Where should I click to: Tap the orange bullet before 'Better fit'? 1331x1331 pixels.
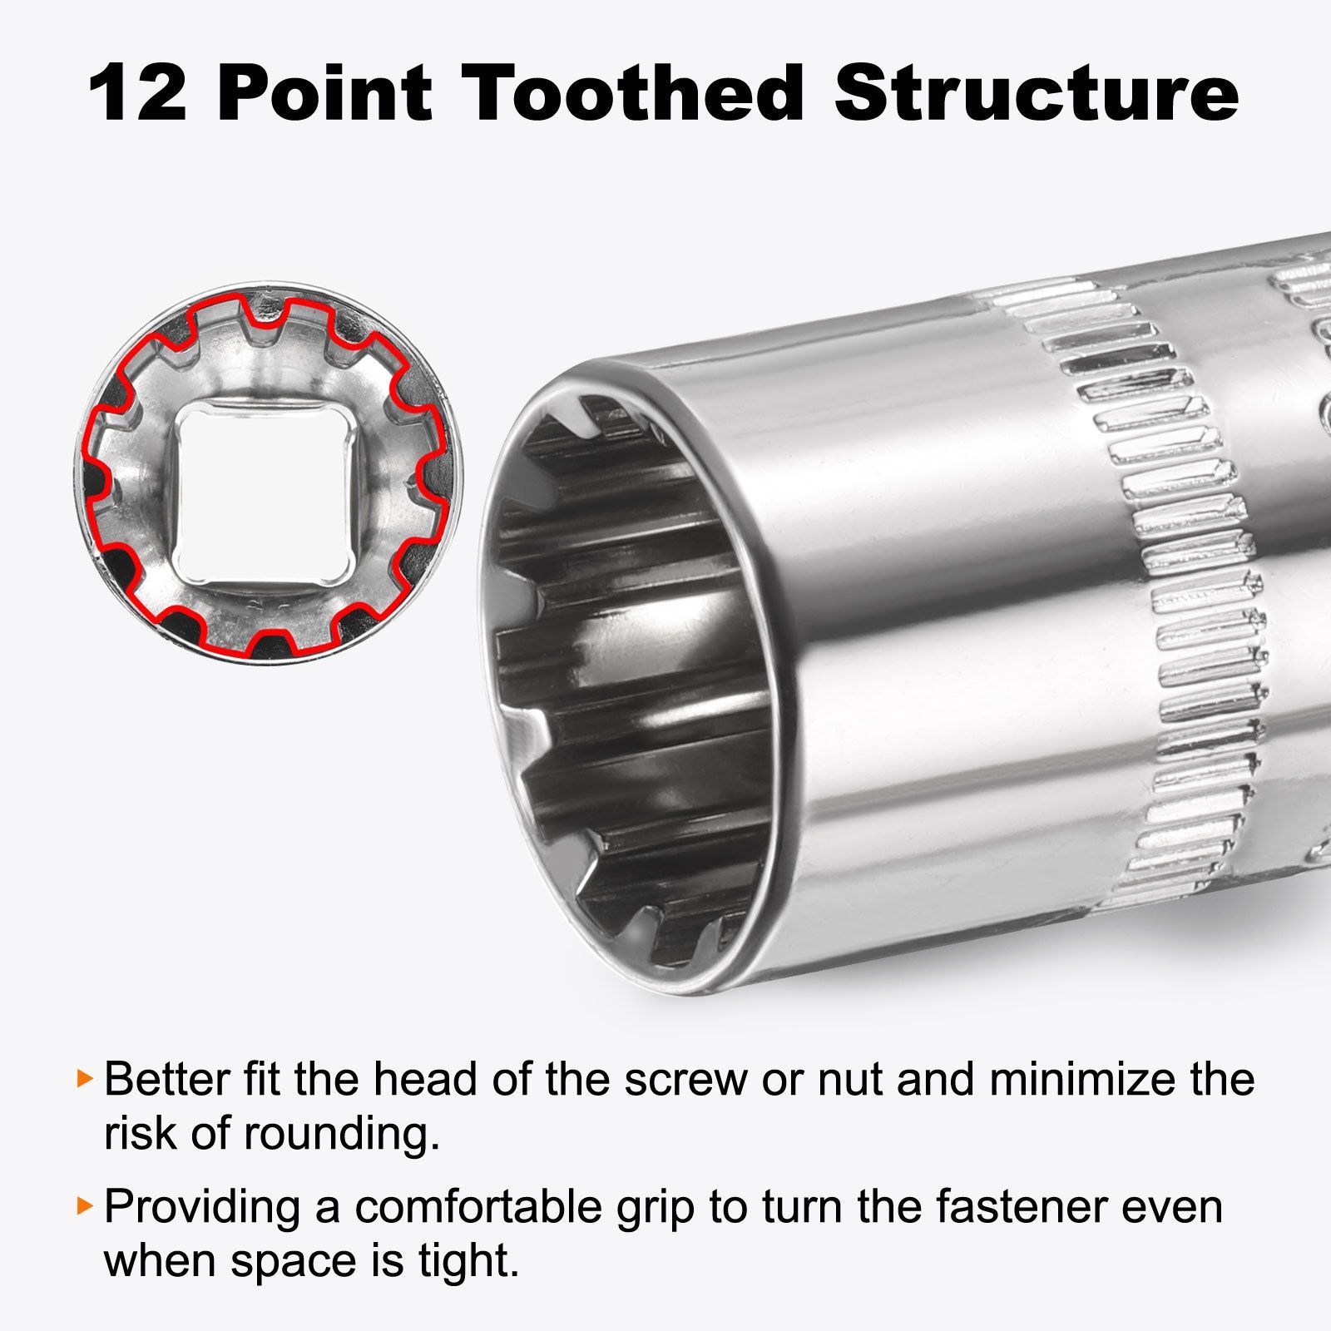click(82, 1078)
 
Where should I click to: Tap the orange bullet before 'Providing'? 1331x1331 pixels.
click(82, 1205)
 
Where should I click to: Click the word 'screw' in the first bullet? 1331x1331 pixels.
click(685, 1081)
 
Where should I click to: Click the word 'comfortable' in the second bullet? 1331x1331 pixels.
click(478, 1207)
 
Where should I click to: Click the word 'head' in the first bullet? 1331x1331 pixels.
click(424, 1079)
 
